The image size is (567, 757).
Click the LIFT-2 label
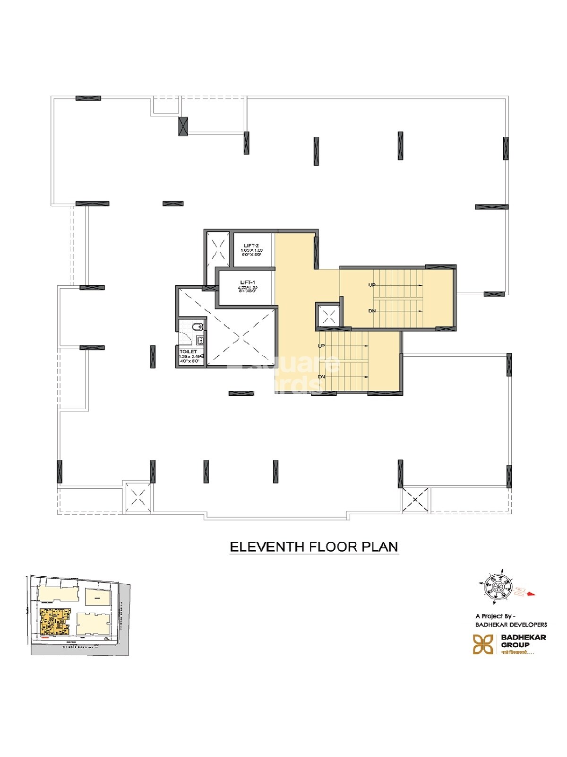(x=251, y=246)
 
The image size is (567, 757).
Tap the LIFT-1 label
(x=248, y=282)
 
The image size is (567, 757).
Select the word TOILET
(x=188, y=352)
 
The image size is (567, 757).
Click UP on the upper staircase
(x=372, y=285)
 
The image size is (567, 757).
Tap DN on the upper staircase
(x=372, y=311)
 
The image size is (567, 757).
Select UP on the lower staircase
(x=321, y=346)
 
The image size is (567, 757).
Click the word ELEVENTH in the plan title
(x=267, y=547)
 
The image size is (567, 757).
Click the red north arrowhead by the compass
(x=531, y=593)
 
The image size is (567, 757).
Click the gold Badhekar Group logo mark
(x=483, y=644)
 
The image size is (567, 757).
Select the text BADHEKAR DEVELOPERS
(x=511, y=625)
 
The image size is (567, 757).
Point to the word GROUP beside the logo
(x=515, y=645)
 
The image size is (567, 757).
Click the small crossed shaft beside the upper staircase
(x=328, y=314)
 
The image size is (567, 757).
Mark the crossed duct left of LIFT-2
(x=218, y=248)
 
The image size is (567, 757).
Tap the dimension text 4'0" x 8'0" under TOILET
(x=189, y=361)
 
